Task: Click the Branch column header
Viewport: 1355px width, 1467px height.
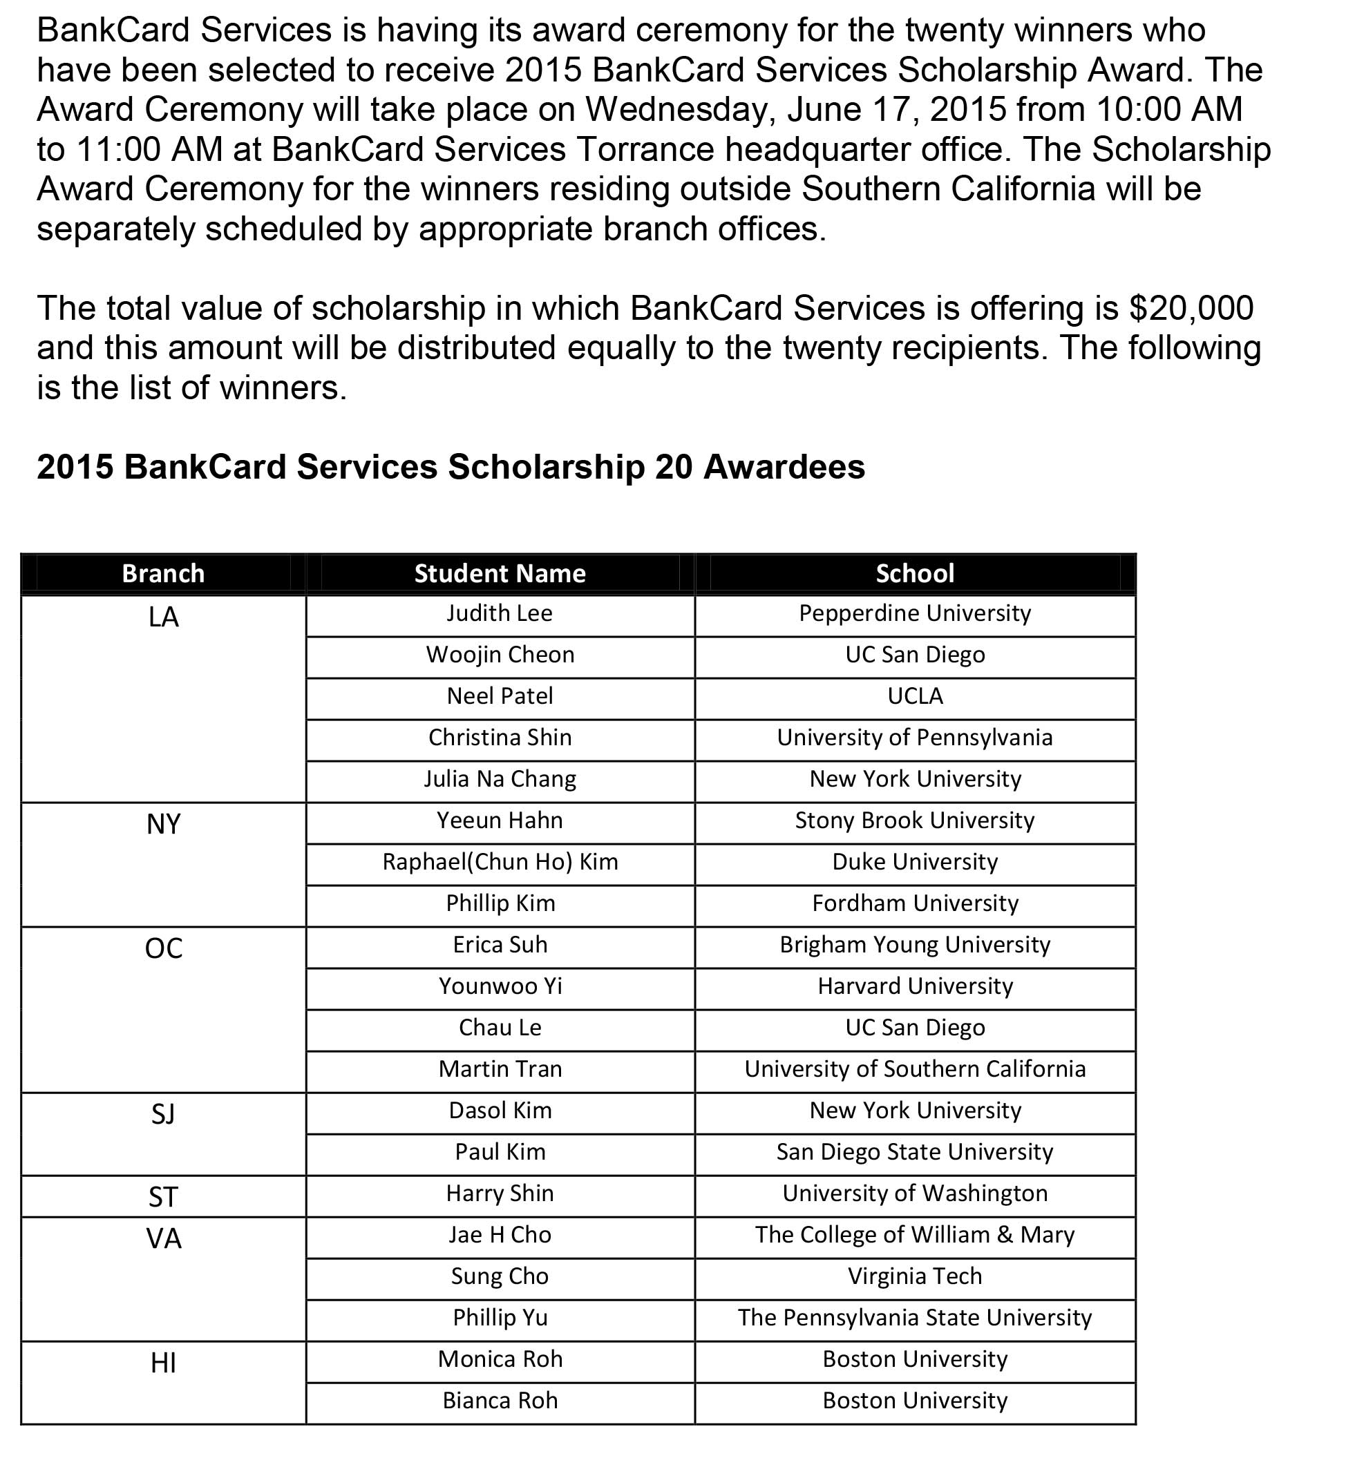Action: click(163, 573)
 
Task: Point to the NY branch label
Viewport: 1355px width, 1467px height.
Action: click(163, 825)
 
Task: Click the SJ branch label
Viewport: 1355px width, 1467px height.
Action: click(163, 1115)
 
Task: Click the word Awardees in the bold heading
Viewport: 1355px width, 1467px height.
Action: click(784, 467)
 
